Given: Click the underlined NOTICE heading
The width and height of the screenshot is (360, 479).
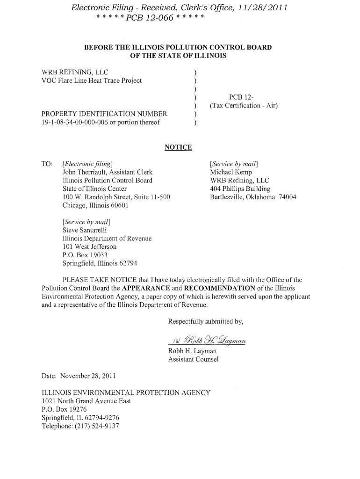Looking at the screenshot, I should coord(178,148).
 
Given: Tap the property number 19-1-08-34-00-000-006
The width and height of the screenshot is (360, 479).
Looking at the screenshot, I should coord(75,123).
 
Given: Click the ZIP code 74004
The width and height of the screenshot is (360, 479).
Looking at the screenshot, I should coord(287,197).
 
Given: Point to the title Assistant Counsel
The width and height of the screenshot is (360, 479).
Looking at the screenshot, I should coord(193,359).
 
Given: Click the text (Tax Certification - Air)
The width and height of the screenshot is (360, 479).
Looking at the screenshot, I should coord(244,106).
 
